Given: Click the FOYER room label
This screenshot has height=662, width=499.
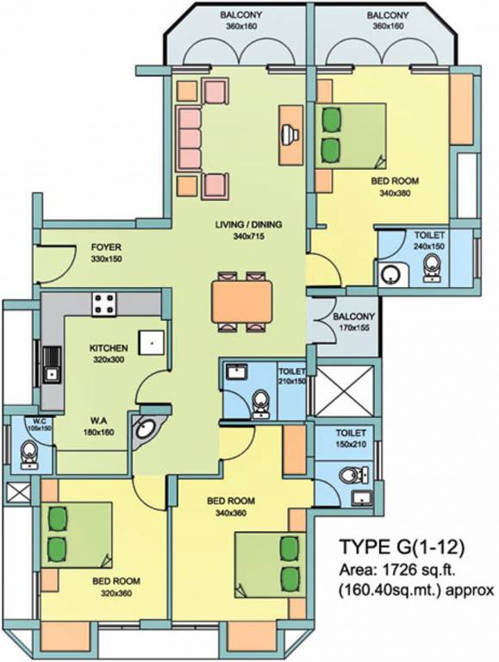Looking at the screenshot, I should (106, 247).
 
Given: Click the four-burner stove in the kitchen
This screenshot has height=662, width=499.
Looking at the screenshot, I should (105, 303).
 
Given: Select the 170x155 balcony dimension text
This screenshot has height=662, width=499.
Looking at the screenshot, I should (354, 328).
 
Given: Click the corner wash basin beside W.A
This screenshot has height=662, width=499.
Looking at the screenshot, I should (149, 428).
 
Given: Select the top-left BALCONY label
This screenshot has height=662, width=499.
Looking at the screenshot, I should (242, 16).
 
